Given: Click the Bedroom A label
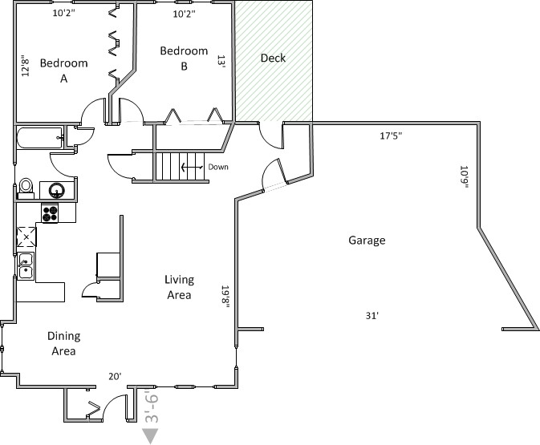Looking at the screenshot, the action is (63, 71).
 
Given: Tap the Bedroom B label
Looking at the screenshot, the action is (184, 59).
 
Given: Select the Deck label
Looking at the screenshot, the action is (273, 58).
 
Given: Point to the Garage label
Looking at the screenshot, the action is (367, 241).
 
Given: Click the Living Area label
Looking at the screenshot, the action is (179, 287).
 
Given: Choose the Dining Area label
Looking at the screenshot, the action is (63, 343).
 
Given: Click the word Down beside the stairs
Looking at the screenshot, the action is (218, 167).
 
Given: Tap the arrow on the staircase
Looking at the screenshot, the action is (192, 168).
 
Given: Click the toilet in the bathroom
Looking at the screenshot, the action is (26, 188).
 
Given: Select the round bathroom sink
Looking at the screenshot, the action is (57, 190).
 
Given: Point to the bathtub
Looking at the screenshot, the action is (39, 138).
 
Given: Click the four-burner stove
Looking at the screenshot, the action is (50, 213).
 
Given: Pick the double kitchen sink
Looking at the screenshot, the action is (26, 265).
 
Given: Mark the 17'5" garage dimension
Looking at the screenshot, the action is (391, 136).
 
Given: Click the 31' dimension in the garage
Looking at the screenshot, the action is (372, 316).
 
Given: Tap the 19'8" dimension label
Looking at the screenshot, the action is (225, 297).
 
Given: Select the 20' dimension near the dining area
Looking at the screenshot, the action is (115, 377).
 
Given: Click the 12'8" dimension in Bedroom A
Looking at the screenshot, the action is (25, 66).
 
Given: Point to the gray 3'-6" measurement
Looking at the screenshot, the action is (151, 407).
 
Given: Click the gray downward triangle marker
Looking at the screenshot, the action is (150, 435).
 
